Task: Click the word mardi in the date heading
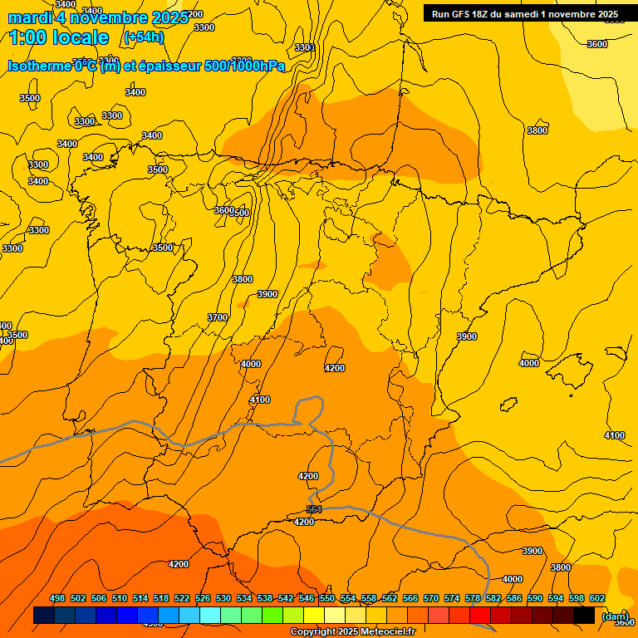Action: [30, 18]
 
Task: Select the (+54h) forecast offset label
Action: [143, 37]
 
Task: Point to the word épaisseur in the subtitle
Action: [169, 66]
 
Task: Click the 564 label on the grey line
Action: [314, 509]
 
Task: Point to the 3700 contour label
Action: [217, 317]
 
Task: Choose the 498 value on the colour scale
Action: [57, 598]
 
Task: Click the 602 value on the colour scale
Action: [597, 598]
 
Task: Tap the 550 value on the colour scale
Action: [327, 598]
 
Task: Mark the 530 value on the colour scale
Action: [223, 598]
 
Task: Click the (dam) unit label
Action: [615, 616]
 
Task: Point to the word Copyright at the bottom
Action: [313, 632]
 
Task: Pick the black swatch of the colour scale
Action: [584, 616]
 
